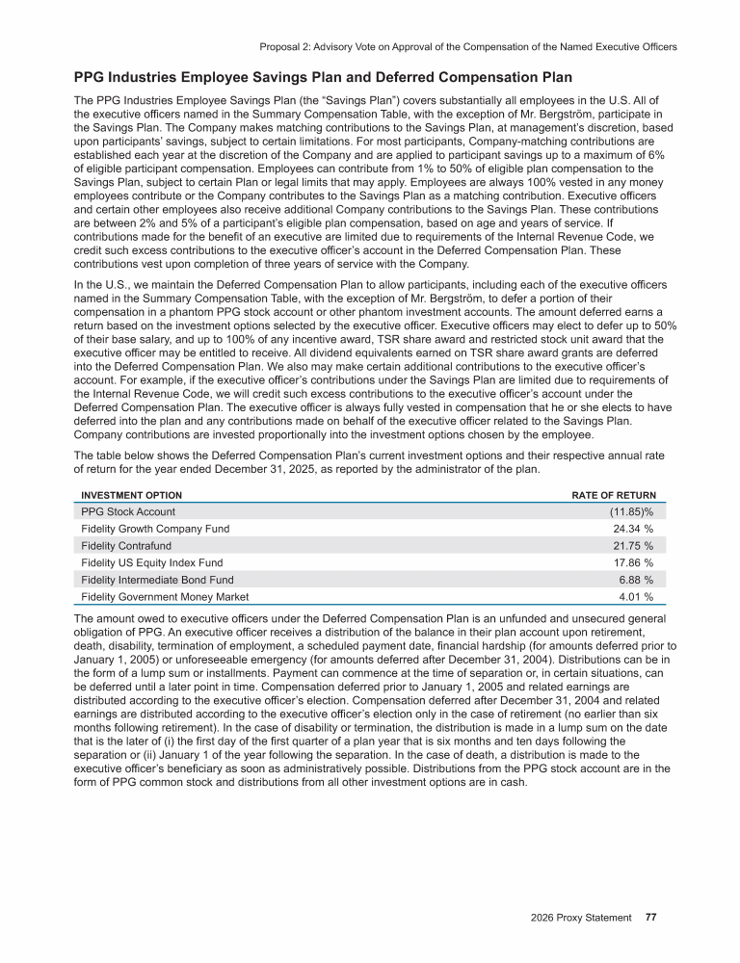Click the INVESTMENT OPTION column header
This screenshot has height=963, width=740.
tap(122, 495)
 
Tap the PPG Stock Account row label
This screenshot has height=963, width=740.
tap(128, 512)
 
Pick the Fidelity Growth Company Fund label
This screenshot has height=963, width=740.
tap(155, 529)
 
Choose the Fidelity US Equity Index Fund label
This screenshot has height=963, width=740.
tap(151, 562)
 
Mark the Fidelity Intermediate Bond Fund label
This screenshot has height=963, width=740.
tap(157, 580)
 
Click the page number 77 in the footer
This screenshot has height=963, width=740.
tap(651, 917)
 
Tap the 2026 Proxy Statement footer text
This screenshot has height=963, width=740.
tap(581, 917)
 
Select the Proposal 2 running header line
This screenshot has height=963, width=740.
tap(466, 45)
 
